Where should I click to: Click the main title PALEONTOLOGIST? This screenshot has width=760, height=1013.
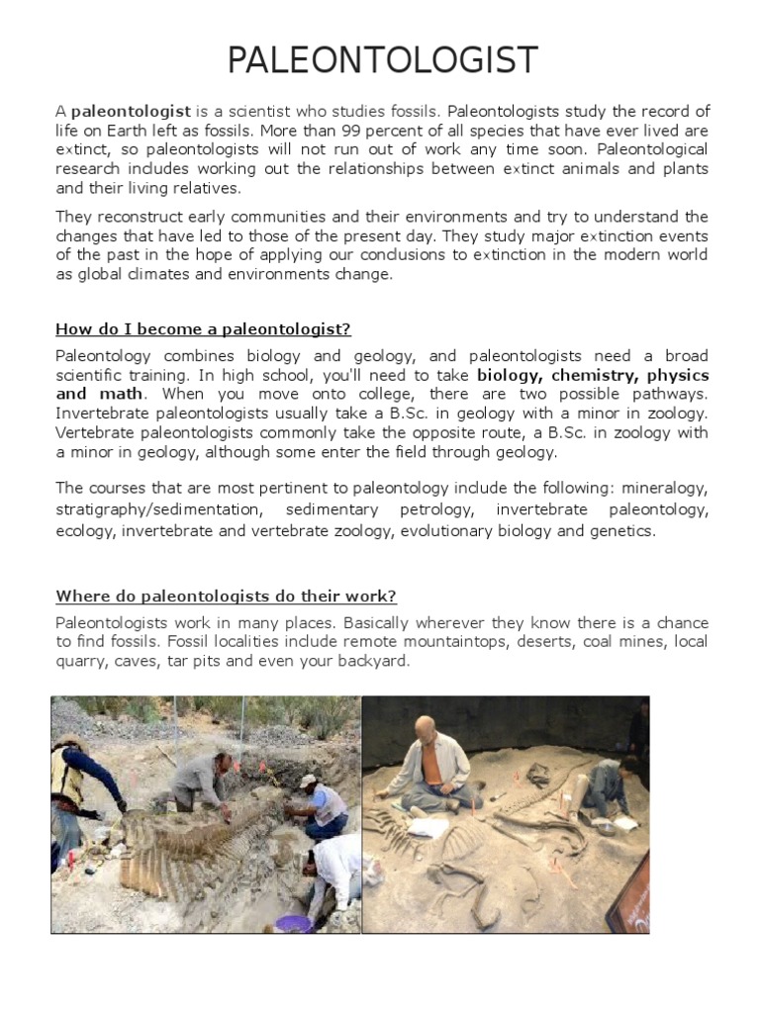tap(382, 60)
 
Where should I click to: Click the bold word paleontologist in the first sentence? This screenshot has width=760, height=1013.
tap(131, 112)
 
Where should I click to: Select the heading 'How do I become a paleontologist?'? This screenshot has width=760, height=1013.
tap(204, 329)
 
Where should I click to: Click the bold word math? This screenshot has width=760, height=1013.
tap(119, 394)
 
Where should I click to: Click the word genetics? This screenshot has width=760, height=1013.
tap(622, 531)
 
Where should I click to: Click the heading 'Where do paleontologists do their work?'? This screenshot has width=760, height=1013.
tap(227, 597)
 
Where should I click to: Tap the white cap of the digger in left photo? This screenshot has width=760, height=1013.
tap(308, 781)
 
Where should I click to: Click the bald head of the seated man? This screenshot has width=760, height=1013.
tap(426, 726)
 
